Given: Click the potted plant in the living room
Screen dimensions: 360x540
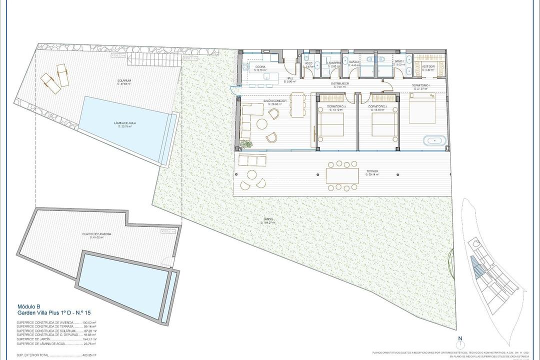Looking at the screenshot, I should point(245,144).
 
